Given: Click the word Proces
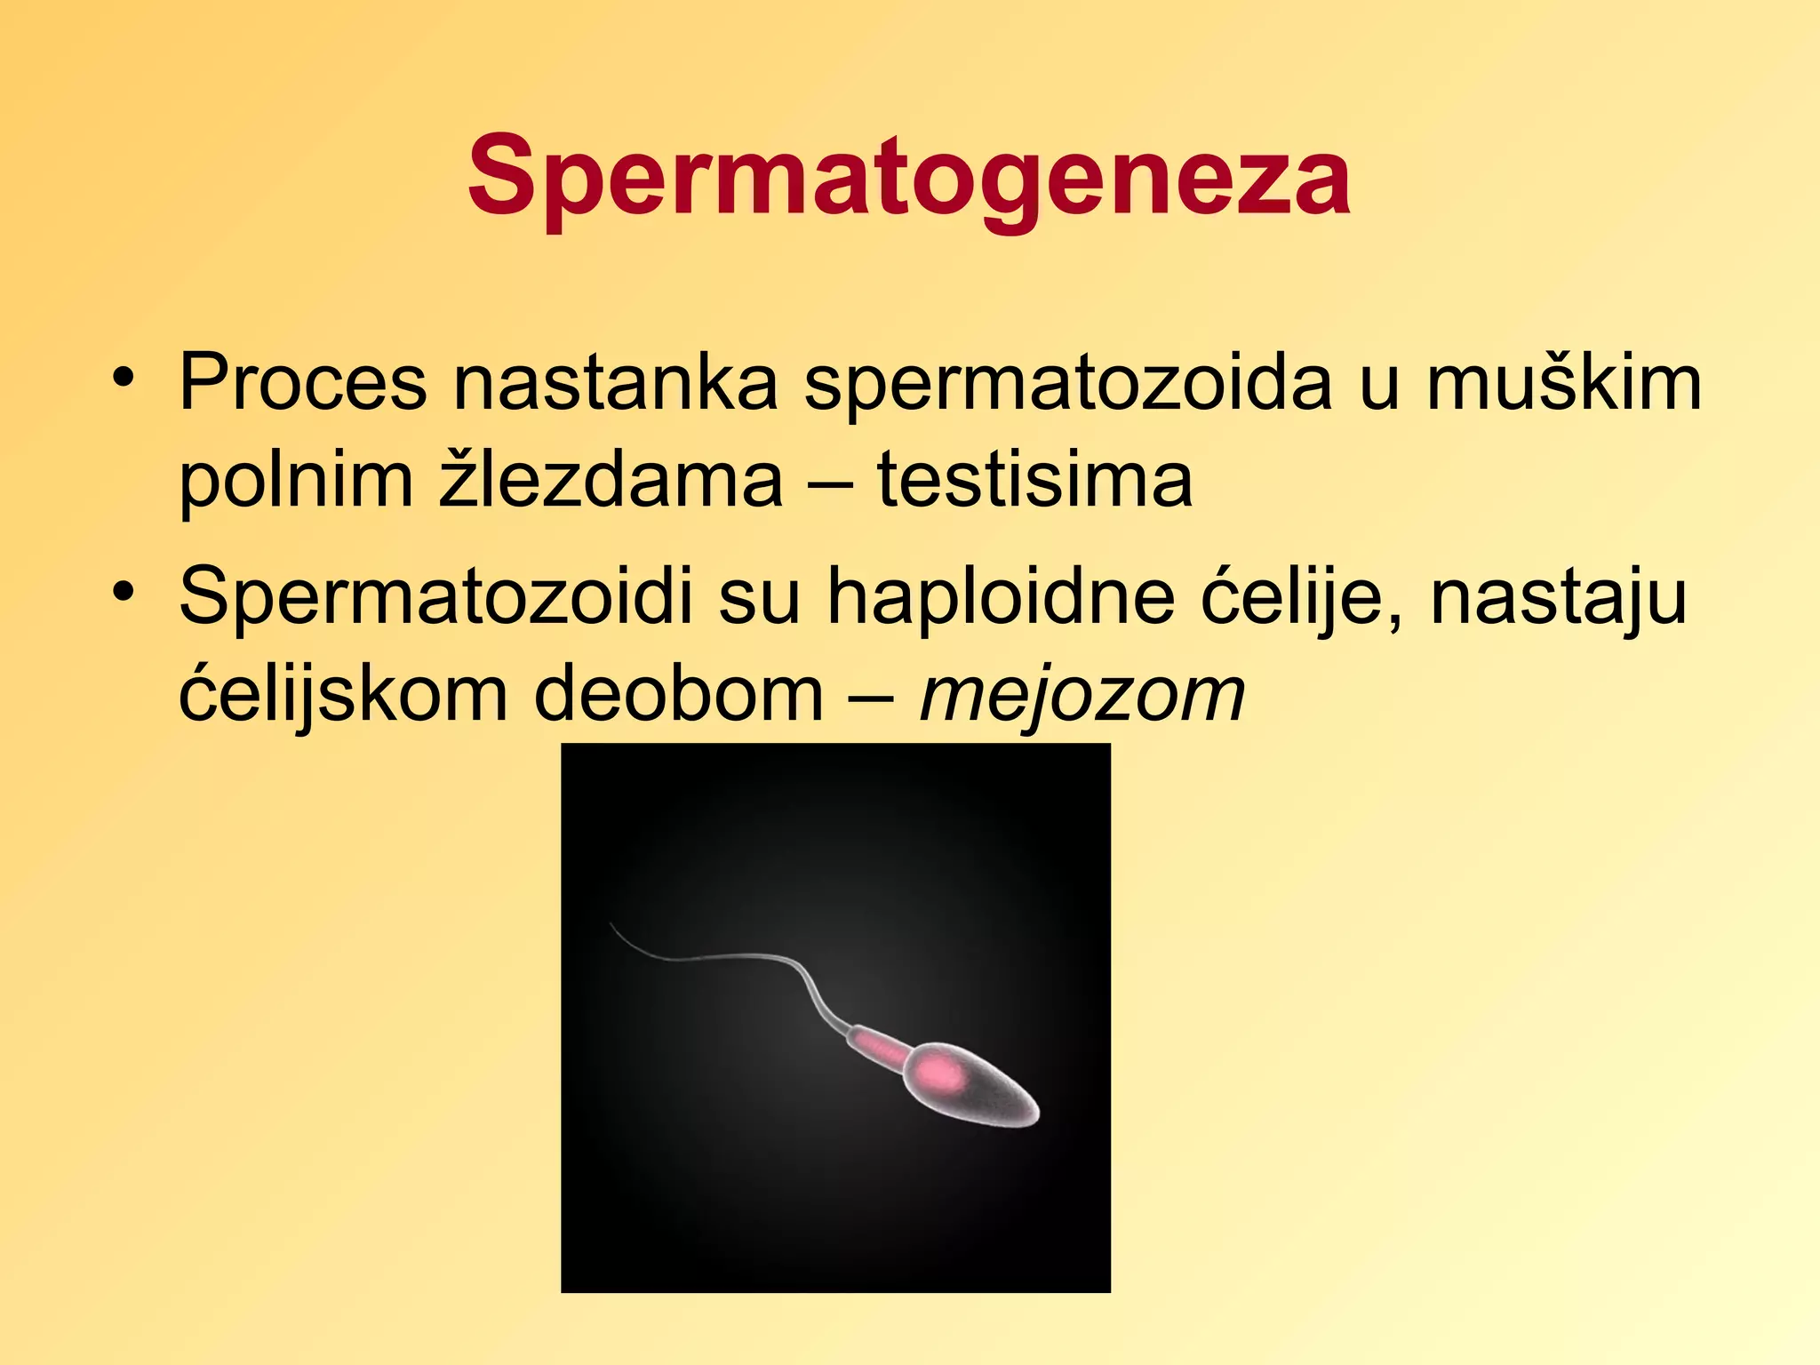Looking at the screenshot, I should (302, 384).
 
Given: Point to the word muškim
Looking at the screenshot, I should (1564, 384).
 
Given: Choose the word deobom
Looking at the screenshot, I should (679, 695).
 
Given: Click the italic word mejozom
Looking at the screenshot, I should (1082, 695).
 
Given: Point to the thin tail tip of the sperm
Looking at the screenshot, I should (613, 926).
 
